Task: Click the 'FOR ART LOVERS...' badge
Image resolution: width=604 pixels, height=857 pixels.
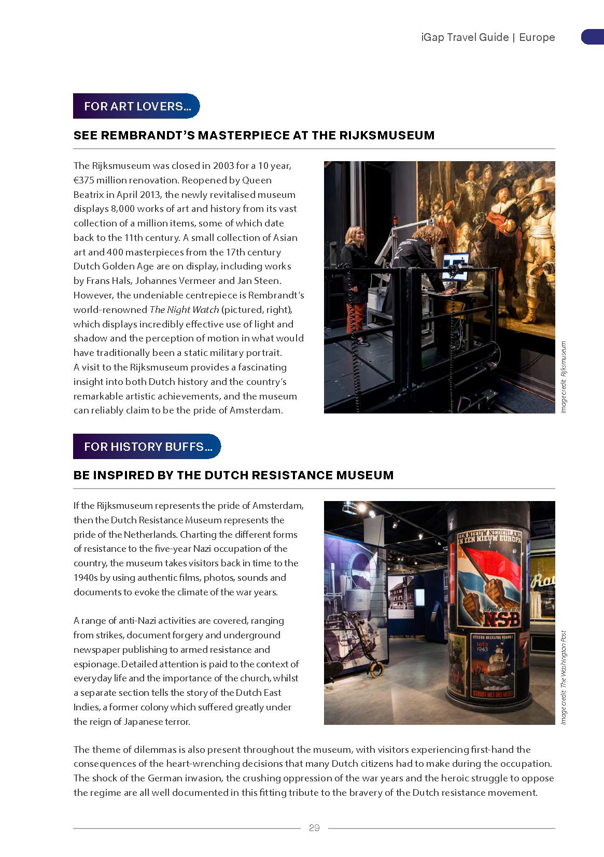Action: [x=136, y=106]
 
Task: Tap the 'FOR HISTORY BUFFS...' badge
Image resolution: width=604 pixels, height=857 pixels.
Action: [x=147, y=447]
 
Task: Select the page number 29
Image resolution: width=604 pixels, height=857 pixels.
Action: [x=314, y=828]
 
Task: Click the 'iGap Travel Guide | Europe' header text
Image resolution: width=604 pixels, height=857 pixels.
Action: [x=488, y=37]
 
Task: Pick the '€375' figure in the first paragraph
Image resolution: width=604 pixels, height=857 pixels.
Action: [x=83, y=180]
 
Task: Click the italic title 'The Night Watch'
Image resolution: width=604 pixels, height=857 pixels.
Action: [x=184, y=310]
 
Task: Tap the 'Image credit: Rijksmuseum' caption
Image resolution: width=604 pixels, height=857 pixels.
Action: [x=564, y=377]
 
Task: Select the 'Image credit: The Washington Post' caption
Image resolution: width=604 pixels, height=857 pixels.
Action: [x=564, y=677]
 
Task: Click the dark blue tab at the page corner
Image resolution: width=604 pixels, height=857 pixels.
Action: [x=592, y=37]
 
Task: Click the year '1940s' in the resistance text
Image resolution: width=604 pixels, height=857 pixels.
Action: [x=85, y=578]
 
